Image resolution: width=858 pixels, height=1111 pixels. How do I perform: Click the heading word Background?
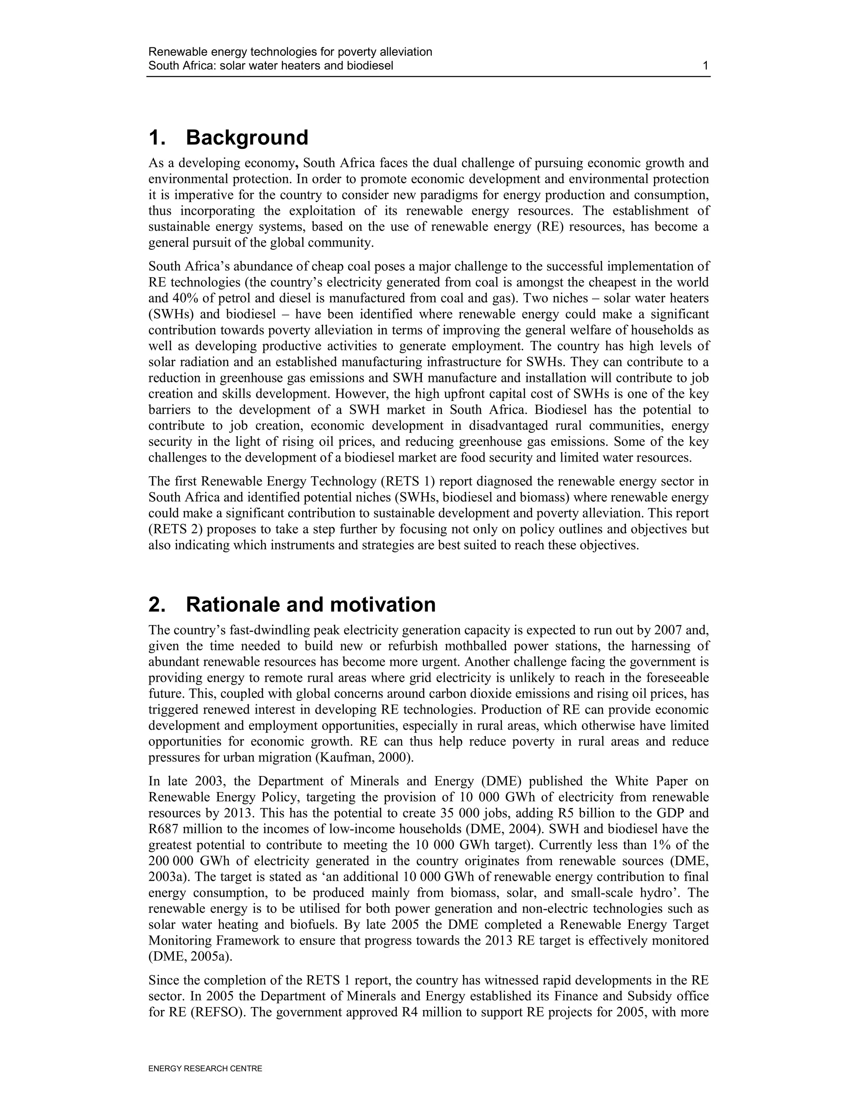(247, 138)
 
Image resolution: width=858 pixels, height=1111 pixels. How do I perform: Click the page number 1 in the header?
(705, 66)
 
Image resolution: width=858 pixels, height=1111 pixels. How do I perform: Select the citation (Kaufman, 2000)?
(364, 758)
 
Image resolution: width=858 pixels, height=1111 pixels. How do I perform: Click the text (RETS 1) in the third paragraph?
(427, 481)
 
